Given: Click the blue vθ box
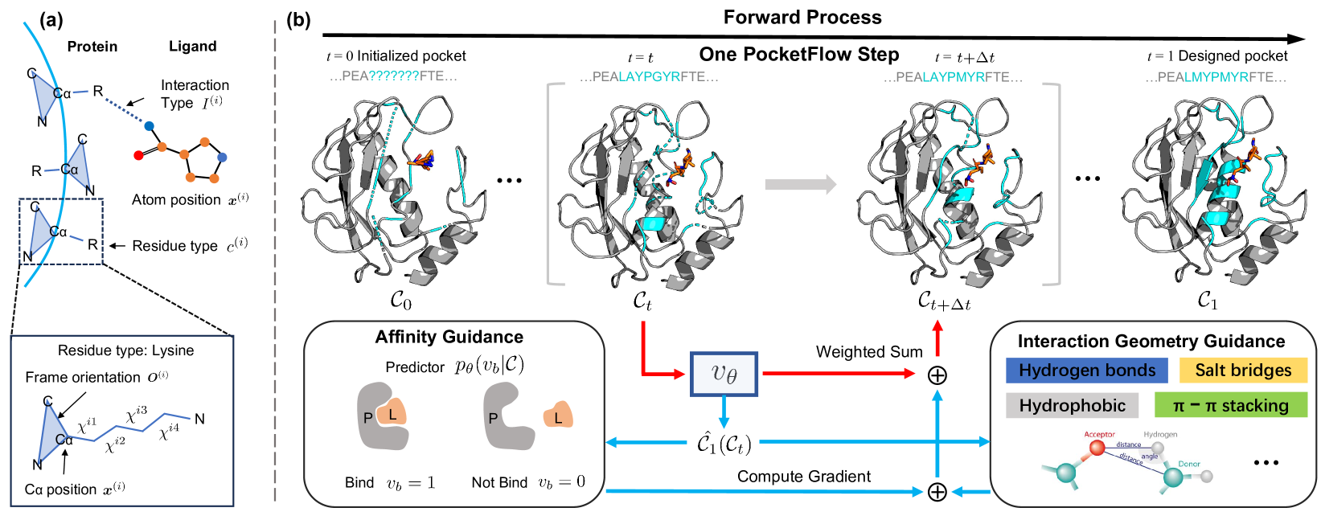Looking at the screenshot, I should [724, 374].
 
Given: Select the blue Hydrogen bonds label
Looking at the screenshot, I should [1087, 370].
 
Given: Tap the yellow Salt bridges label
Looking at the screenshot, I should [1243, 370].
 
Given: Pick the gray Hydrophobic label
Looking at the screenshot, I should [1072, 405].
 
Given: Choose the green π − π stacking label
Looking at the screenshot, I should [1230, 405].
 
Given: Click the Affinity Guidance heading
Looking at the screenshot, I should [449, 337].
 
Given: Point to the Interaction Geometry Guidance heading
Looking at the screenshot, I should [1151, 341].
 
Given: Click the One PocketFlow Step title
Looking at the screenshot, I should [798, 55].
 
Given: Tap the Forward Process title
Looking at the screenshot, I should [802, 17].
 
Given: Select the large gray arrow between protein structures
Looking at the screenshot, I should [800, 185].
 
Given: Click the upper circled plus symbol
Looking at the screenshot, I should [937, 375].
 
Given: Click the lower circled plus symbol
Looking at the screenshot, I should [937, 492].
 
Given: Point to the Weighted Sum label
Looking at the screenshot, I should [869, 352].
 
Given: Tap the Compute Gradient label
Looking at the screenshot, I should [803, 477].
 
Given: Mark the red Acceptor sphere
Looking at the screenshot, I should [1097, 448].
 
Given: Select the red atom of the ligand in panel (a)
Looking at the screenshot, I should [138, 154].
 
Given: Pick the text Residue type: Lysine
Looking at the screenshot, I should [125, 350].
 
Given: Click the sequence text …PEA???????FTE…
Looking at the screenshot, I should [393, 76].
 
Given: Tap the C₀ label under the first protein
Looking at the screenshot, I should [400, 301].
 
